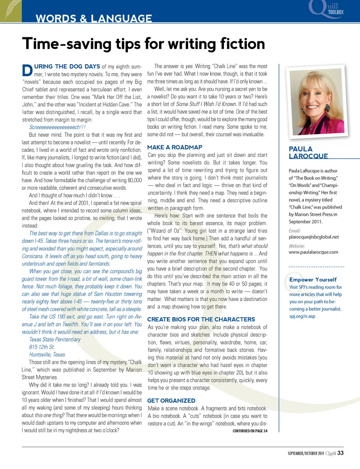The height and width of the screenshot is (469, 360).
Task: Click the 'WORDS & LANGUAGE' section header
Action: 94,18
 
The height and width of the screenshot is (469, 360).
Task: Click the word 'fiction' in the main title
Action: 242,44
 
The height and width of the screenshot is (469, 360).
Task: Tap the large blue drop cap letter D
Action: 27,70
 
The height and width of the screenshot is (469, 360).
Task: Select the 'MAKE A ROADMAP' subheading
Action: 175,147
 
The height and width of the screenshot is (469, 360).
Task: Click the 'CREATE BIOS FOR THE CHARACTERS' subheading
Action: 201,319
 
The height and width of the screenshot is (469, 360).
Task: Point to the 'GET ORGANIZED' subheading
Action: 171,401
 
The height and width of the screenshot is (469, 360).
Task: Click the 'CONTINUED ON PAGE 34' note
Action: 250,431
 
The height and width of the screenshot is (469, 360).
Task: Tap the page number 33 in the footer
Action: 340,453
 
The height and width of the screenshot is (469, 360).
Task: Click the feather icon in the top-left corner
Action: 10,10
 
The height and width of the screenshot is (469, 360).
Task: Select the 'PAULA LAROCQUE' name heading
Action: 308,153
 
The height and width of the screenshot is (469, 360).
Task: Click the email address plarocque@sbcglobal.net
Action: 314,237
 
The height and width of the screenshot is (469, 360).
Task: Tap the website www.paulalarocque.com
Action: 313,252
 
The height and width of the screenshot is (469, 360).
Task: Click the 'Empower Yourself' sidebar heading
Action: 313,280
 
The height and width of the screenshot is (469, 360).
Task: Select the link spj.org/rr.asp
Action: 302,316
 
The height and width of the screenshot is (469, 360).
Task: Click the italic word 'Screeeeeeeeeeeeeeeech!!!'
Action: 57,127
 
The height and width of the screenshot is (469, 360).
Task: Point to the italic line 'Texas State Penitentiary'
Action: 55,340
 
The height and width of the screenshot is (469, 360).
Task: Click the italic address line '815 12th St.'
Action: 42,347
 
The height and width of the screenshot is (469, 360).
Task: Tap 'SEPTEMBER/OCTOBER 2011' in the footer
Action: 306,453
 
